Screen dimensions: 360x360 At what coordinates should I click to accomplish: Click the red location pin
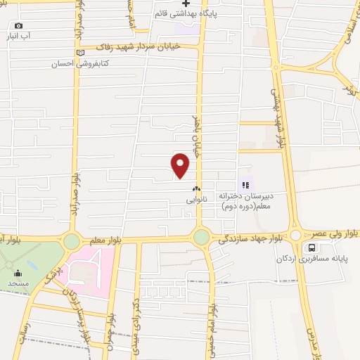[x=181, y=165]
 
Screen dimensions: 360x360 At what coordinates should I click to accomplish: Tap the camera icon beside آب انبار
[x=18, y=26]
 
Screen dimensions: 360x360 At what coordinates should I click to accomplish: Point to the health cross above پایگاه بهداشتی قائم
[x=186, y=4]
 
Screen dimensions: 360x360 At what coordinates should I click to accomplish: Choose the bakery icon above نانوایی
[x=196, y=188]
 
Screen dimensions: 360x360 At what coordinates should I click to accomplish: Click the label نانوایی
[x=196, y=199]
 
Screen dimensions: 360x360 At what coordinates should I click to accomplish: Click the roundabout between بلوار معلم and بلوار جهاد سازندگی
[x=202, y=237]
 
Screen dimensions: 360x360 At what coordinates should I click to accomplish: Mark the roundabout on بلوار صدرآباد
[x=71, y=241]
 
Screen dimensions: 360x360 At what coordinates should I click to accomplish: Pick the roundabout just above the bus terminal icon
[x=295, y=236]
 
